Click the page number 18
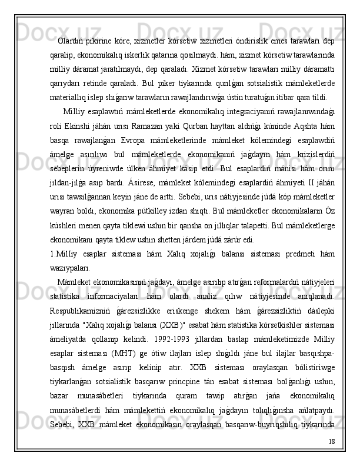point(331,455)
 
